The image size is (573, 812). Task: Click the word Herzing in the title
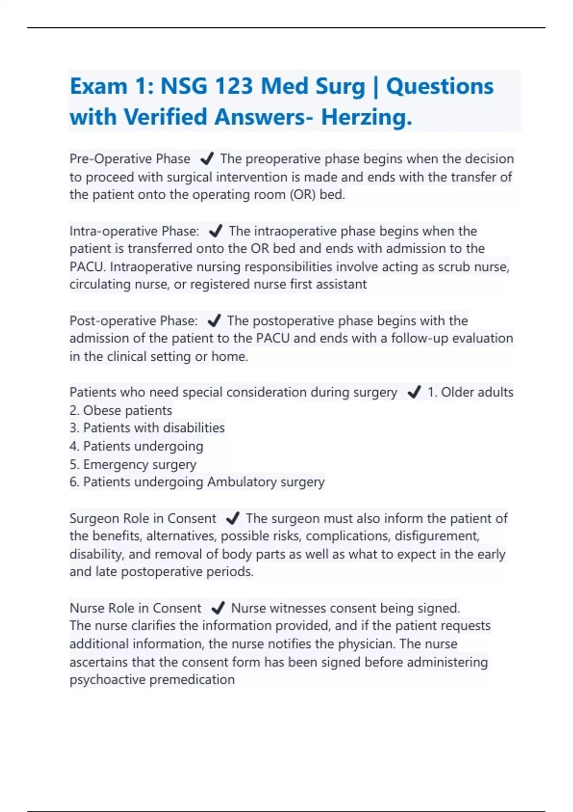pos(366,117)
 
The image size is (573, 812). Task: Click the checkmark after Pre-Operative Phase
pos(207,159)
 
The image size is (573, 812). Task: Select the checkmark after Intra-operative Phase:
pos(216,231)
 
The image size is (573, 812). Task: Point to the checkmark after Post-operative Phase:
pos(214,321)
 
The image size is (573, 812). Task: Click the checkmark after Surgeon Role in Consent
pos(233,518)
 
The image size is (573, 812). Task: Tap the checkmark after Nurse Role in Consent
pos(218,608)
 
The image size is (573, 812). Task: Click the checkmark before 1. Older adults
pos(414,392)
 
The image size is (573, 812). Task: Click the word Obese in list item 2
pos(102,410)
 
